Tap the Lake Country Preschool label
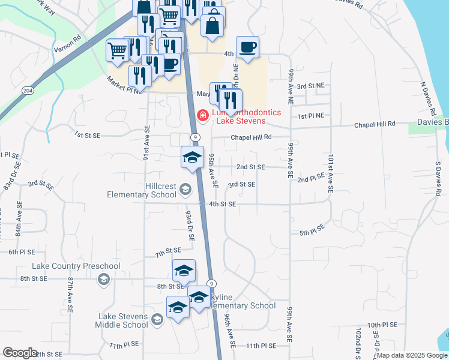click(76, 266)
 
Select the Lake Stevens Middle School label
click(121, 320)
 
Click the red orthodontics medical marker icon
click(203, 115)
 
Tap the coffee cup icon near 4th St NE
click(247, 47)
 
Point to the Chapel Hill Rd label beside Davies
click(375, 124)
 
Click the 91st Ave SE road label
click(146, 141)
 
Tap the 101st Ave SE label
click(330, 174)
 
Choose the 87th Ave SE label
click(70, 295)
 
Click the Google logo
click(20, 353)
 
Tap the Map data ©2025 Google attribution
click(412, 355)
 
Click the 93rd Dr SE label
click(189, 226)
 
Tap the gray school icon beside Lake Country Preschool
click(104, 279)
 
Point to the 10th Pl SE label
click(382, 325)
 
